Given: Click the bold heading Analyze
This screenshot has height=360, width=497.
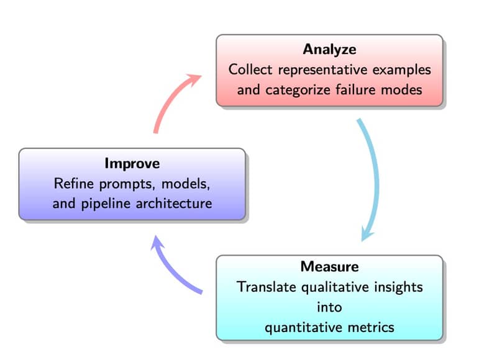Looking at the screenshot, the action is [329, 50].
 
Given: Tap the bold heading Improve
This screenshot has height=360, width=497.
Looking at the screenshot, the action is [132, 164].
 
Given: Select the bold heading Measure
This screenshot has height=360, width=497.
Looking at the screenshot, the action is [330, 267].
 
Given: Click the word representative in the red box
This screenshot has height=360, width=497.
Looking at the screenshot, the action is [322, 70].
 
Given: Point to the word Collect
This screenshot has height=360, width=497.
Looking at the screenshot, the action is [250, 70].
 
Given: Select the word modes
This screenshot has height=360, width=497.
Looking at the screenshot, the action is [401, 90].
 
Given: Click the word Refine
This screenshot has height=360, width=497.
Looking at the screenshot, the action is [74, 184].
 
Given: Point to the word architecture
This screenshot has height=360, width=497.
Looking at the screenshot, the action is [174, 204].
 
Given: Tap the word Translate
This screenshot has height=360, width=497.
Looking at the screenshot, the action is [267, 287].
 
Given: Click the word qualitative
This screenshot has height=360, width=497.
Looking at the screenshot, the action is [335, 288].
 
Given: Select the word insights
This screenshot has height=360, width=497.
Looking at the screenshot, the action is [398, 287].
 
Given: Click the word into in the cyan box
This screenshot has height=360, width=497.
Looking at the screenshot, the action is [330, 307].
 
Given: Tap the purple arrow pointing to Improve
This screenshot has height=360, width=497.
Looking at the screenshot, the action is [170, 269].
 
